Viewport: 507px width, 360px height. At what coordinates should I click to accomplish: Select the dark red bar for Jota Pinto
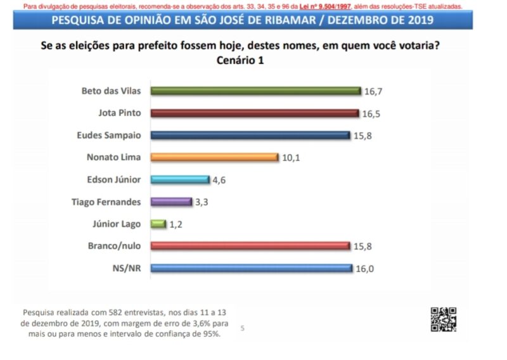[x=254, y=113]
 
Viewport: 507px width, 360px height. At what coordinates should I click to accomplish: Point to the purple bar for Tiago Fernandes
[x=170, y=202]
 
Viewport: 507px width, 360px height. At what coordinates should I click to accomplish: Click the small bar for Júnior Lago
[x=158, y=224]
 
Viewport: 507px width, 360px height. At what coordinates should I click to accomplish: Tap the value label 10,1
[x=291, y=157]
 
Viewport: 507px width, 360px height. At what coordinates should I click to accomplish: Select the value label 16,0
[x=364, y=268]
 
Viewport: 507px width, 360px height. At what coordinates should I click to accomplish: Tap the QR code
[x=444, y=319]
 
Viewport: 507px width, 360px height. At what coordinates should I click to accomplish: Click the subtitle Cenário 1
[x=240, y=61]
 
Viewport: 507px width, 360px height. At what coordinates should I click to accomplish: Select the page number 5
[x=242, y=328]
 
